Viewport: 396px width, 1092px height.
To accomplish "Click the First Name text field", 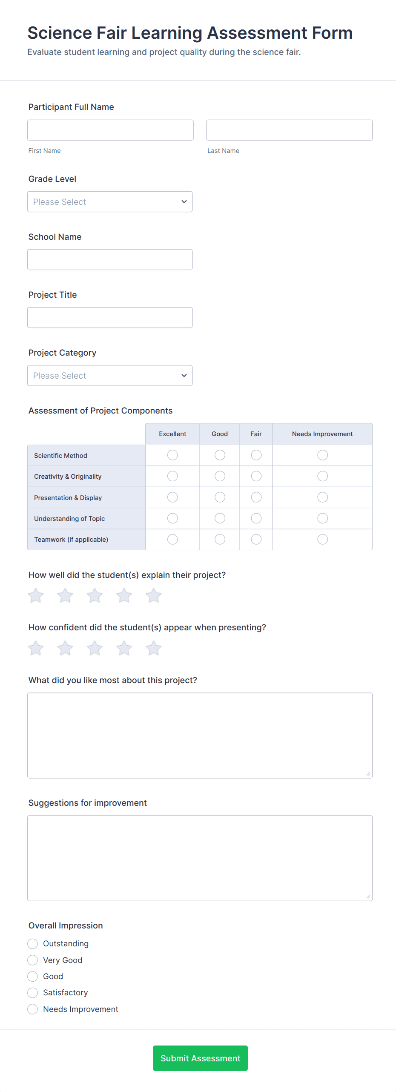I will click(x=110, y=130).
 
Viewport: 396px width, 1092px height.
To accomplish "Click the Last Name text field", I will click(x=289, y=130).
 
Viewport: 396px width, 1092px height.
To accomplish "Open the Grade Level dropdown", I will click(x=110, y=201).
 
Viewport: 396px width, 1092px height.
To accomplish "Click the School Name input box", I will click(x=110, y=259).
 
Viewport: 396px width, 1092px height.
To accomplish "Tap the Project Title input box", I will click(x=110, y=317).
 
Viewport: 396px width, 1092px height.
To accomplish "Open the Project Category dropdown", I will click(x=110, y=375).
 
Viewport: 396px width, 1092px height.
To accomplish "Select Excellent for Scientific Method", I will click(x=172, y=455).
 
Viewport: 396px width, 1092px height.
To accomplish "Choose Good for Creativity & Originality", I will click(x=220, y=476).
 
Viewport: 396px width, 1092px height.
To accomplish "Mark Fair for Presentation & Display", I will click(x=256, y=497).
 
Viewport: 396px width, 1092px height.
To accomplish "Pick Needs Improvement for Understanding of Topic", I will click(x=322, y=518).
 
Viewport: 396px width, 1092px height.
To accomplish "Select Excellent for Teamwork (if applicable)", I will click(x=172, y=539).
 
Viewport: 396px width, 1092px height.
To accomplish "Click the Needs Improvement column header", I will click(x=322, y=434).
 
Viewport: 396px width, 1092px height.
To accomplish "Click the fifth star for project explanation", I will click(x=153, y=595).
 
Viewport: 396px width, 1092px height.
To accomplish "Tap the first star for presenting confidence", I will click(x=36, y=648).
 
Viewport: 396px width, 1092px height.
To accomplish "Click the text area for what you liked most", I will click(x=200, y=735).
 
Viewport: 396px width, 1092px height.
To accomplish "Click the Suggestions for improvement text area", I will click(x=200, y=858).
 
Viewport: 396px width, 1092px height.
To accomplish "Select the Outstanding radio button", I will click(x=33, y=944).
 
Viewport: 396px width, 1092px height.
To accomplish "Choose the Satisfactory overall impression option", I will click(x=33, y=993).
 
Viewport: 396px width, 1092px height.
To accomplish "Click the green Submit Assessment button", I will click(x=200, y=1058).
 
